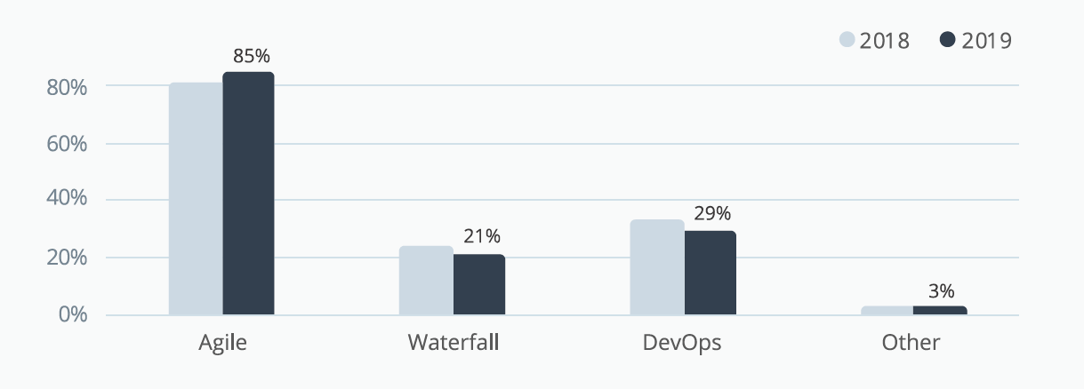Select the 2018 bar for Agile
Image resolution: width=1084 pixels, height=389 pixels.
(x=196, y=199)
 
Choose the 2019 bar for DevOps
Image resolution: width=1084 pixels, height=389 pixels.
(x=710, y=273)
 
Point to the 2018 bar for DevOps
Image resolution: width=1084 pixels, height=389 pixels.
(x=657, y=267)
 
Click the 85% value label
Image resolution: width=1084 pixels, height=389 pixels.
(x=252, y=56)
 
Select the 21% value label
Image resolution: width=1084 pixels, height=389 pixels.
(x=482, y=236)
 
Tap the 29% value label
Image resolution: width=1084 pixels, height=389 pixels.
(x=712, y=213)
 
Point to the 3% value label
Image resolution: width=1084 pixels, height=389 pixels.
(x=942, y=290)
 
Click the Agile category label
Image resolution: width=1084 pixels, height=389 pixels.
(x=222, y=343)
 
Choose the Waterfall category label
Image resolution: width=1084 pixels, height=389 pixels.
(x=453, y=343)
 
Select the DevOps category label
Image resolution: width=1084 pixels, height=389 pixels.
(x=682, y=343)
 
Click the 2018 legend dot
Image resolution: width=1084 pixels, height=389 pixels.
(x=847, y=40)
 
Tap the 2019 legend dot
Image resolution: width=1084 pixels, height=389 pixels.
(x=947, y=40)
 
